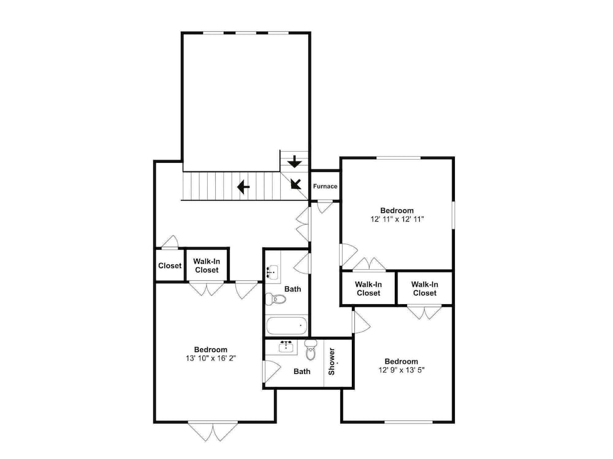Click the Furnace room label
pyautogui.click(x=325, y=186)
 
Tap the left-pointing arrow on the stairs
pyautogui.click(x=243, y=187)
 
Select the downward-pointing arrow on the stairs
pyautogui.click(x=294, y=161)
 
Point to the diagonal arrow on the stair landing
pyautogui.click(x=295, y=184)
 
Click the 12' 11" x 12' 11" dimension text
pyautogui.click(x=397, y=219)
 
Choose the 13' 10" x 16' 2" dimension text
pyautogui.click(x=211, y=358)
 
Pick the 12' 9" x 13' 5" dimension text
pyautogui.click(x=402, y=370)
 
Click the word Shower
pyautogui.click(x=332, y=362)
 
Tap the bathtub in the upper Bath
pyautogui.click(x=286, y=326)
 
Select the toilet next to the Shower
pyautogui.click(x=311, y=349)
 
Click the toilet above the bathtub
pyautogui.click(x=276, y=299)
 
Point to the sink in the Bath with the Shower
pyautogui.click(x=287, y=346)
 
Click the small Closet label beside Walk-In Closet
pyautogui.click(x=170, y=266)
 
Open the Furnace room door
pyautogui.click(x=324, y=207)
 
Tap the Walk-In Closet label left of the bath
pyautogui.click(x=207, y=266)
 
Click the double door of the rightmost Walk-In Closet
pyautogui.click(x=424, y=313)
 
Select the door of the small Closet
pyautogui.click(x=170, y=242)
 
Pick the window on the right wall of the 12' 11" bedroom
pyautogui.click(x=454, y=215)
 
